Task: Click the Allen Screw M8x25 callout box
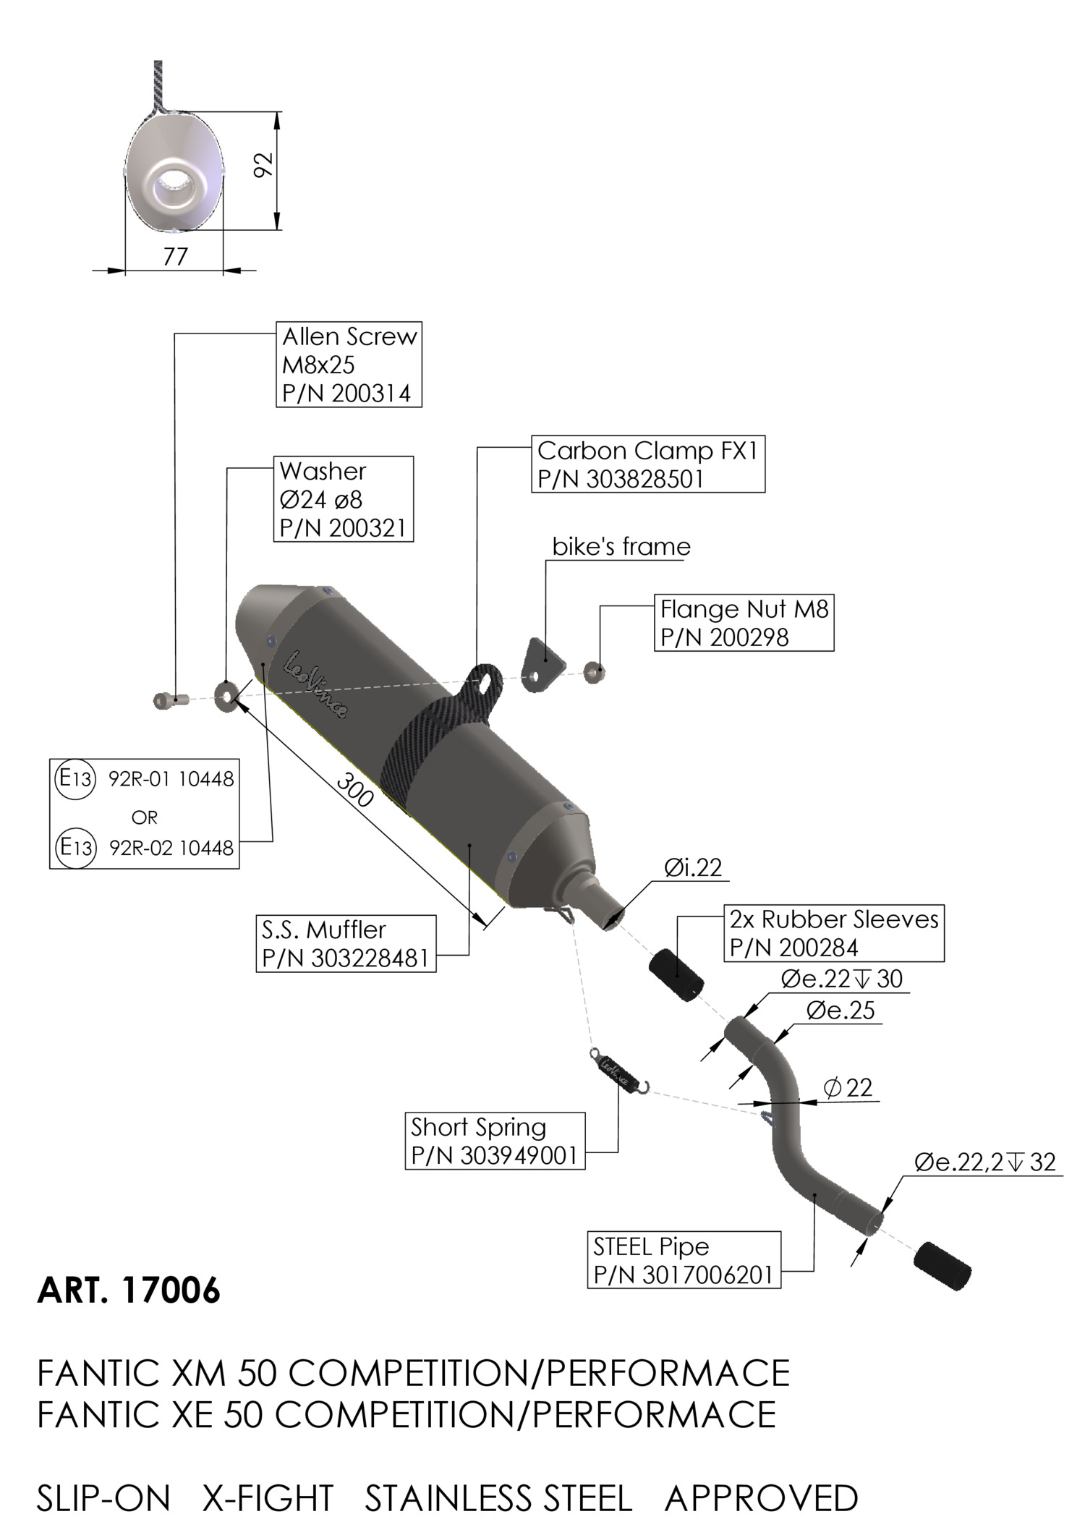(x=349, y=365)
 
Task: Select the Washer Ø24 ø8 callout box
(x=344, y=499)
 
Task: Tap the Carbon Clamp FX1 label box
(x=648, y=464)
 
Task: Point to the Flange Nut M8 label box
(x=744, y=623)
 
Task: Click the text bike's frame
(x=621, y=546)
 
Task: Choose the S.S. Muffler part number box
(x=346, y=943)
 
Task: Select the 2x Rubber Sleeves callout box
(x=834, y=933)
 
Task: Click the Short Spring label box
(x=495, y=1141)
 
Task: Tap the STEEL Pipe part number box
(x=684, y=1260)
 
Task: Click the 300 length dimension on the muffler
(x=354, y=792)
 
